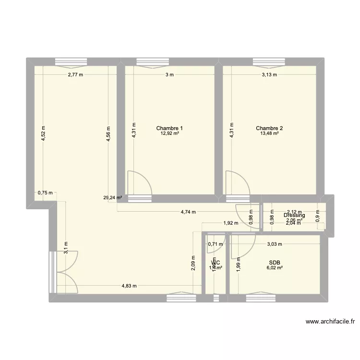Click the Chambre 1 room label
coord(169,128)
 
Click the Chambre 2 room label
coord(269,128)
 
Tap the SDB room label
coord(275,263)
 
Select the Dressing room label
coord(294,216)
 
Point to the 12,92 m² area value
coord(169,133)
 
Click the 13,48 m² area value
coord(269,133)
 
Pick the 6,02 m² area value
coord(275,268)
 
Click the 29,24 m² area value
coord(113,197)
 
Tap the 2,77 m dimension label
coord(75,75)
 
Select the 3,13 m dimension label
coord(269,75)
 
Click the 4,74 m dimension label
coord(188,212)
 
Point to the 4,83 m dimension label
coord(129,286)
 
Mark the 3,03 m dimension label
coord(275,244)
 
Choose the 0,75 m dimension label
coord(45,193)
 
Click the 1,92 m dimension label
coord(231,223)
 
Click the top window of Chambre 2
coord(266,61)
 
